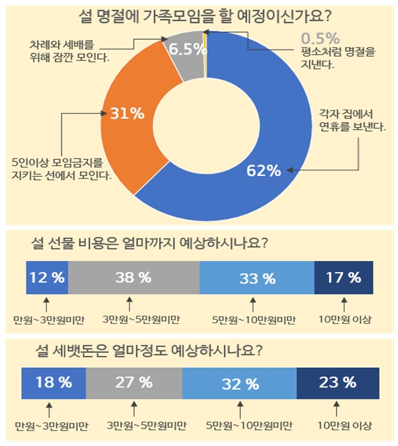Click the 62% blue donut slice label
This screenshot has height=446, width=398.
coord(263,170)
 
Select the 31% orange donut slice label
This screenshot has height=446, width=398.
coord(127,113)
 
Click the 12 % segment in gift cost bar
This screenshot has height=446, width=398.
coord(47,278)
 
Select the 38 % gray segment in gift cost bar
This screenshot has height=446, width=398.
coord(133,278)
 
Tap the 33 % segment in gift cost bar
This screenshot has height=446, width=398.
coord(257,278)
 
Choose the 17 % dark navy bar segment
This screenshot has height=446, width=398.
coord(344,278)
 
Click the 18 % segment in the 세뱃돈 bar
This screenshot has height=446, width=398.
coord(55,382)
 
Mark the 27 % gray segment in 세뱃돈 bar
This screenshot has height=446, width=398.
coord(134,382)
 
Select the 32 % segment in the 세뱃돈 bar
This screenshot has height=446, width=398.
coord(239,382)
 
